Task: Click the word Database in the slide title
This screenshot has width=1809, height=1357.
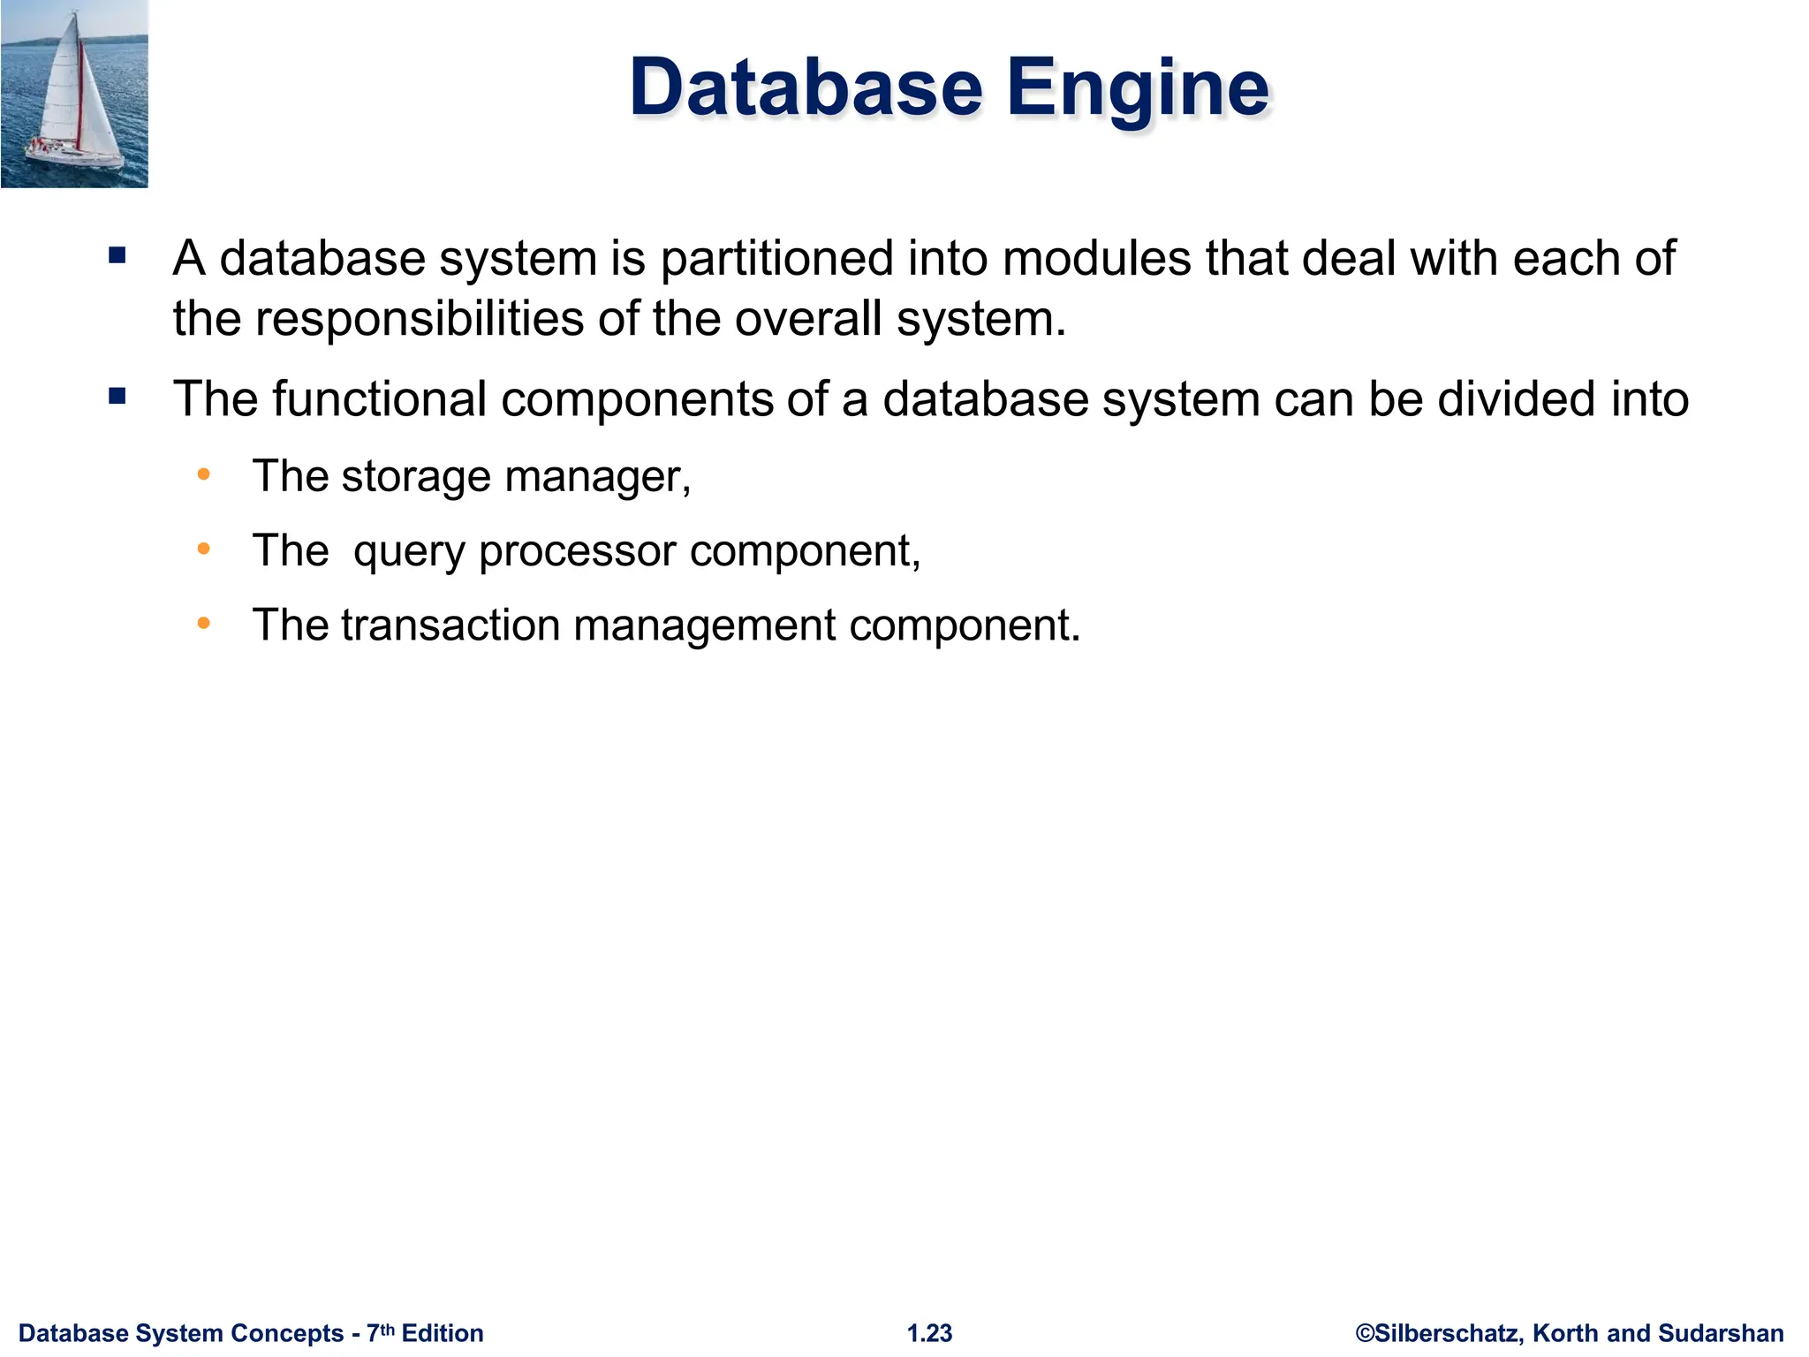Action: (805, 88)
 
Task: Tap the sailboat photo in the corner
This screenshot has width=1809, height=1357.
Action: (74, 94)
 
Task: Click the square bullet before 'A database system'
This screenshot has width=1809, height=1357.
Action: (117, 256)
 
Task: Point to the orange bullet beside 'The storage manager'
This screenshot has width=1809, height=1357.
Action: (204, 475)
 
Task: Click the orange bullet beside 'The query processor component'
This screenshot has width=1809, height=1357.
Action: (204, 550)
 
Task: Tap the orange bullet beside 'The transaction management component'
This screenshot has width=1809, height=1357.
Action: (204, 624)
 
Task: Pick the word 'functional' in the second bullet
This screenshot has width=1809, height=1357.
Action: (379, 398)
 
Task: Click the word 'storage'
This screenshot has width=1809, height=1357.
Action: (415, 477)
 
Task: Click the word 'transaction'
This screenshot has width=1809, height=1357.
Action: (450, 625)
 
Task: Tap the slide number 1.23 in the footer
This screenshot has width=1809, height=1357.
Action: (929, 1333)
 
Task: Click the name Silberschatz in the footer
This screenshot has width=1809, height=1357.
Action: (1449, 1333)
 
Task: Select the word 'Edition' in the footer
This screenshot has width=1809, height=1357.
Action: (443, 1333)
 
